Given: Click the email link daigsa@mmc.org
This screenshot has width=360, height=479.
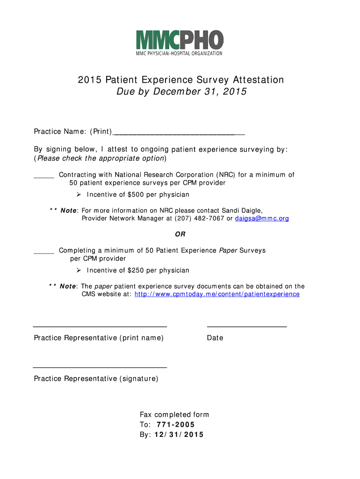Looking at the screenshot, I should tap(262, 218).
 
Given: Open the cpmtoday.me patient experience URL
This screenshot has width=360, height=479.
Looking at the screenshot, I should tap(217, 294).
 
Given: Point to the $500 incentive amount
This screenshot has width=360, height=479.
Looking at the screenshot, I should tap(136, 195).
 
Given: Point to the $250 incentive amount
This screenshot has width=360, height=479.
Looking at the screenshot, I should tap(136, 270).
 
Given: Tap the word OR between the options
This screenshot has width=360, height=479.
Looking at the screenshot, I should tap(180, 234).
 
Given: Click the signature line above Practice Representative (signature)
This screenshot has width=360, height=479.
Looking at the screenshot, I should tap(100, 368).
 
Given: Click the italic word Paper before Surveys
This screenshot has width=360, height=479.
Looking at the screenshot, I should tap(228, 250).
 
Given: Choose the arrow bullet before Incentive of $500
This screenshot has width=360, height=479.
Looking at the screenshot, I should tap(79, 195).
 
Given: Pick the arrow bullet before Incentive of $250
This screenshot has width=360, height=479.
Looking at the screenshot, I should tap(79, 270).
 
